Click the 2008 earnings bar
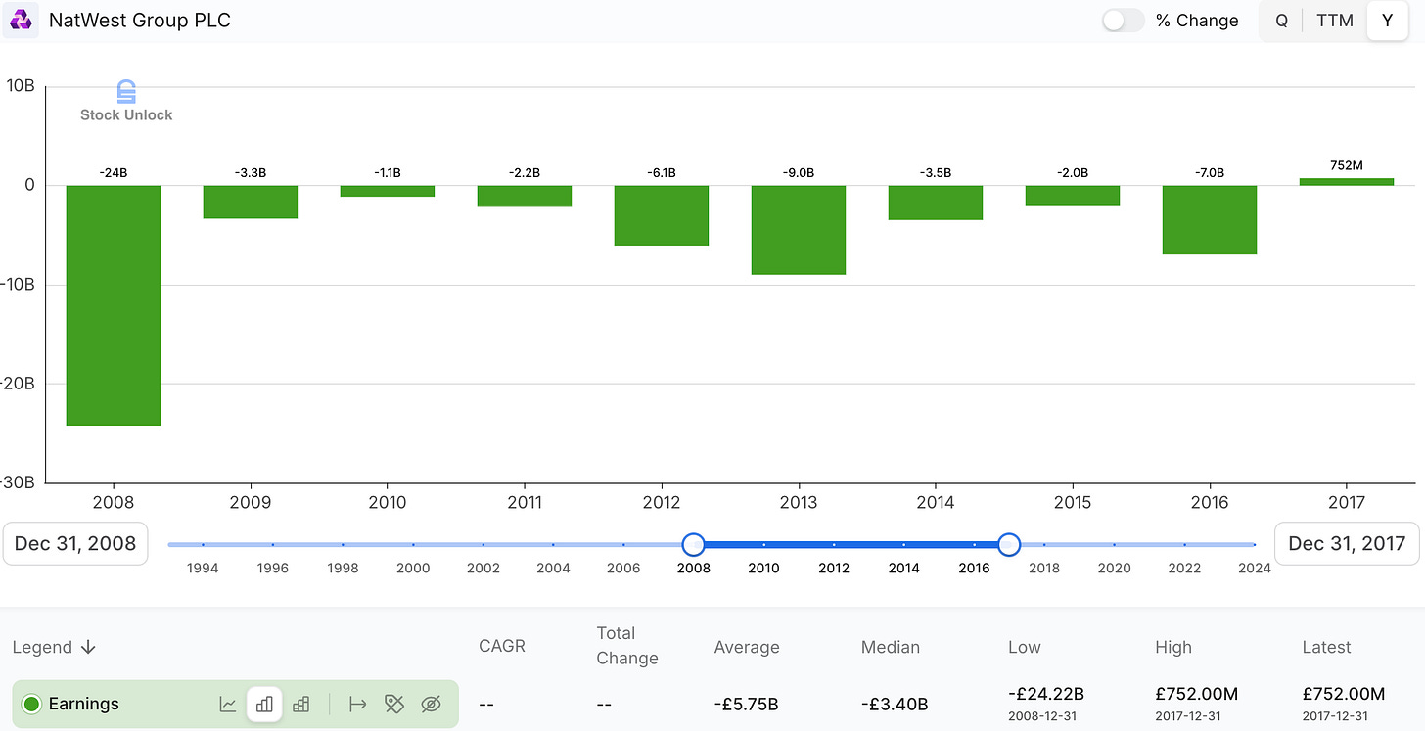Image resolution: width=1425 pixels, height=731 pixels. [114, 305]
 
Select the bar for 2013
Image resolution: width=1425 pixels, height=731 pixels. [799, 230]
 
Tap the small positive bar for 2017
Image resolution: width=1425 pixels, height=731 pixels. [1347, 181]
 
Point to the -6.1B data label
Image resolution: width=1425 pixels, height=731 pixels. [662, 173]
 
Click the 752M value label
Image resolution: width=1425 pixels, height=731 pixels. [1347, 165]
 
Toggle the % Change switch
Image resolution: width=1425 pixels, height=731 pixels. [1123, 21]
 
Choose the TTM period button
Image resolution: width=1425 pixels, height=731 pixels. [1335, 21]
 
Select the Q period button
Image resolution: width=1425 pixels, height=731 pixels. [1281, 21]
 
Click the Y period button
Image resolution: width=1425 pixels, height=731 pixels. [1387, 21]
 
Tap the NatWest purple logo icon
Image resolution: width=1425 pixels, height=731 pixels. [21, 21]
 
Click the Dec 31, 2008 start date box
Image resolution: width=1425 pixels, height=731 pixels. [75, 544]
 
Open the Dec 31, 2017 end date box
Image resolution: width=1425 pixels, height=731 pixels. [1347, 544]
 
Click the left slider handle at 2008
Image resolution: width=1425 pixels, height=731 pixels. [693, 544]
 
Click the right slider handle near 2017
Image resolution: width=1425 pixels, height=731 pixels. [1009, 544]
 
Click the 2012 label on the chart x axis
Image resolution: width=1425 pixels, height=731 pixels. [662, 502]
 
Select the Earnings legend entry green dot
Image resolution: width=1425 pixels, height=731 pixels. [31, 704]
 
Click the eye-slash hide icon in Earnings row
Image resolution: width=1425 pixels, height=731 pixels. [431, 704]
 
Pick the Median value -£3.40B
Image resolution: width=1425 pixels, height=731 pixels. [895, 704]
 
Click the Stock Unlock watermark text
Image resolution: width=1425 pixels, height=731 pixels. [126, 114]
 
